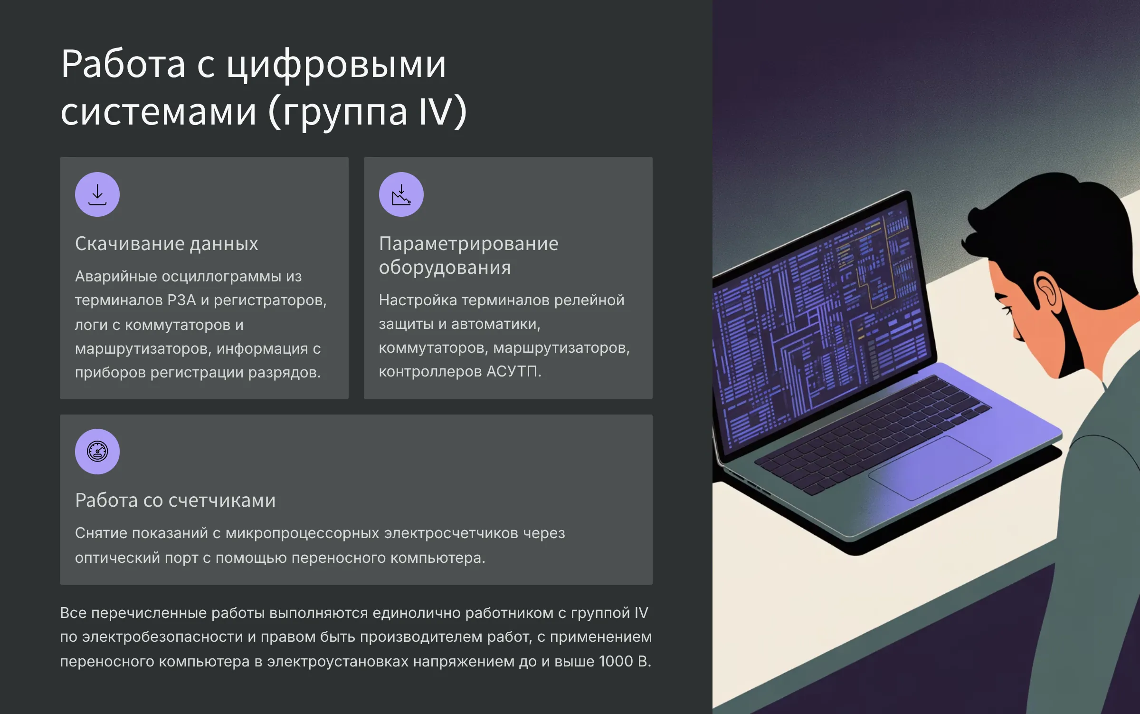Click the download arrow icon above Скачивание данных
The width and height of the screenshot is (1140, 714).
tap(97, 194)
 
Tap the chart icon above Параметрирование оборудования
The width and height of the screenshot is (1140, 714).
tap(401, 194)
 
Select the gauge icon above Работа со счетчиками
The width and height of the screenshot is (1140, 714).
tap(97, 452)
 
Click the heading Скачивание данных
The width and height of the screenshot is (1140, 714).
tap(166, 244)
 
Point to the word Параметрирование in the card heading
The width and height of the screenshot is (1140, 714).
tap(468, 244)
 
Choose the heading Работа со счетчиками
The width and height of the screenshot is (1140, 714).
tap(175, 500)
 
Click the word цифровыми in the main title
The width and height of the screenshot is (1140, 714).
tap(336, 66)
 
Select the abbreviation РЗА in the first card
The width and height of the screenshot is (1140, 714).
tap(181, 300)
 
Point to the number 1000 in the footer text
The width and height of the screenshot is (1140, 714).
tap(616, 661)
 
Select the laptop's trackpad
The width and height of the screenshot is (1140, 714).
tap(930, 468)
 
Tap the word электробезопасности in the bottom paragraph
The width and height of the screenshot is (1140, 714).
tap(162, 637)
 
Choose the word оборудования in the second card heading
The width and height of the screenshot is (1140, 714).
tap(445, 268)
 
